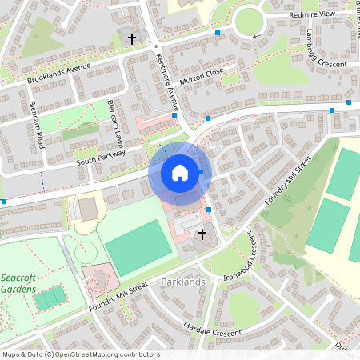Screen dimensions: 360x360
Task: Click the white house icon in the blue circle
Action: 180,172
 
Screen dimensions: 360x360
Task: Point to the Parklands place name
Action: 183,282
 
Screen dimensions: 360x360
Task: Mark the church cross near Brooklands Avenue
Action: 132,38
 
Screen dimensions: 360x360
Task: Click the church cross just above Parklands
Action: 202,234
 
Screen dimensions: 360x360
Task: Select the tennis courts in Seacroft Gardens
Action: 50,298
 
